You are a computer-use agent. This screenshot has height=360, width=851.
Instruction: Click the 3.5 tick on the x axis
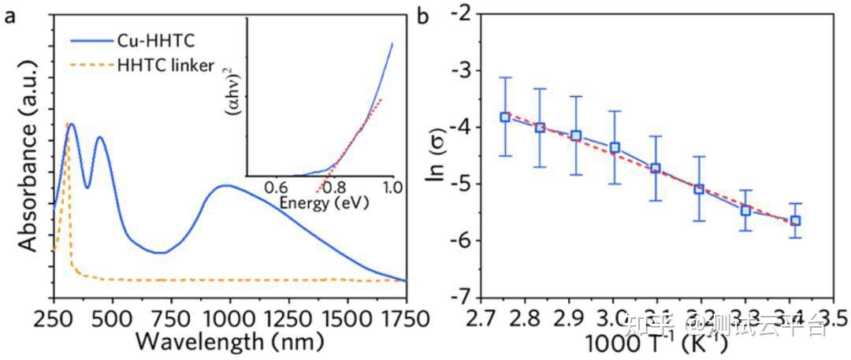click(x=834, y=318)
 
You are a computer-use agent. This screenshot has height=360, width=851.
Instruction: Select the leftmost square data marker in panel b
click(x=505, y=117)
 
